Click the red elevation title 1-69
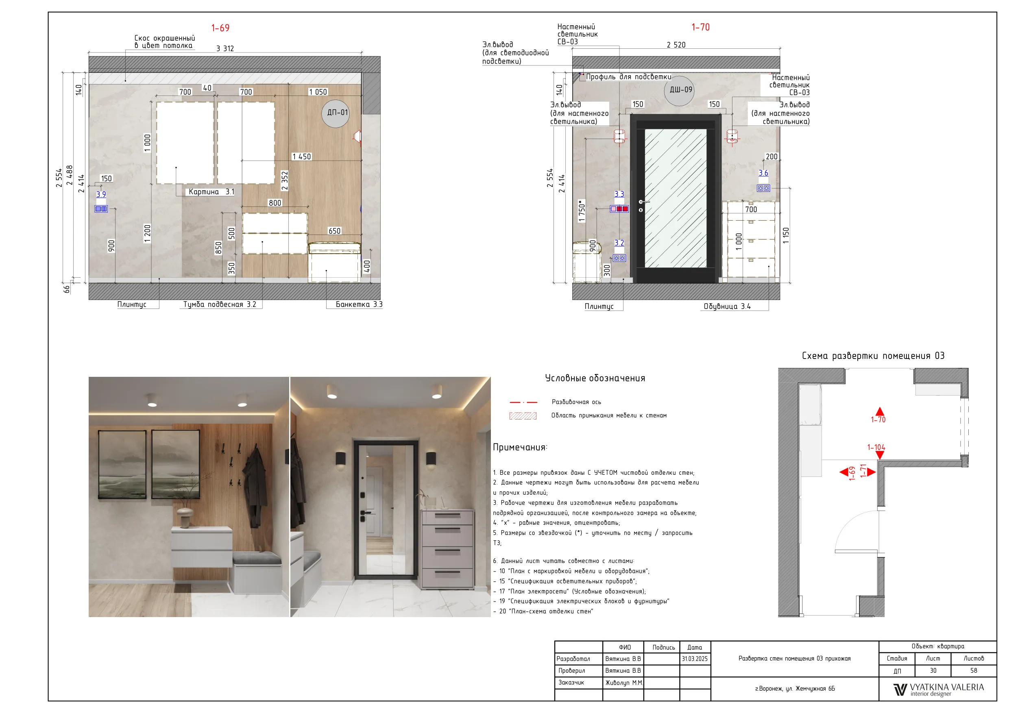(x=220, y=28)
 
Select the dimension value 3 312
(x=225, y=48)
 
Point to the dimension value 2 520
(x=676, y=45)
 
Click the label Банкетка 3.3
(x=359, y=304)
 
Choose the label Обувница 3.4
(x=727, y=307)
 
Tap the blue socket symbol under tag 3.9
(x=101, y=209)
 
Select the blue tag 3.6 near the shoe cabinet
(x=763, y=173)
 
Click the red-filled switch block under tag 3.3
(x=619, y=209)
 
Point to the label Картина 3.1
(x=211, y=192)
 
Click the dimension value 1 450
(x=302, y=157)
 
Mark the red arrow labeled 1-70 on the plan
(x=879, y=411)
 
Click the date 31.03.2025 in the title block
(x=695, y=659)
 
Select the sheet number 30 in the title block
(x=933, y=671)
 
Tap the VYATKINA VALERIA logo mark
(x=900, y=690)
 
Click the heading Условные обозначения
(x=595, y=378)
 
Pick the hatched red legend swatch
(x=523, y=416)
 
